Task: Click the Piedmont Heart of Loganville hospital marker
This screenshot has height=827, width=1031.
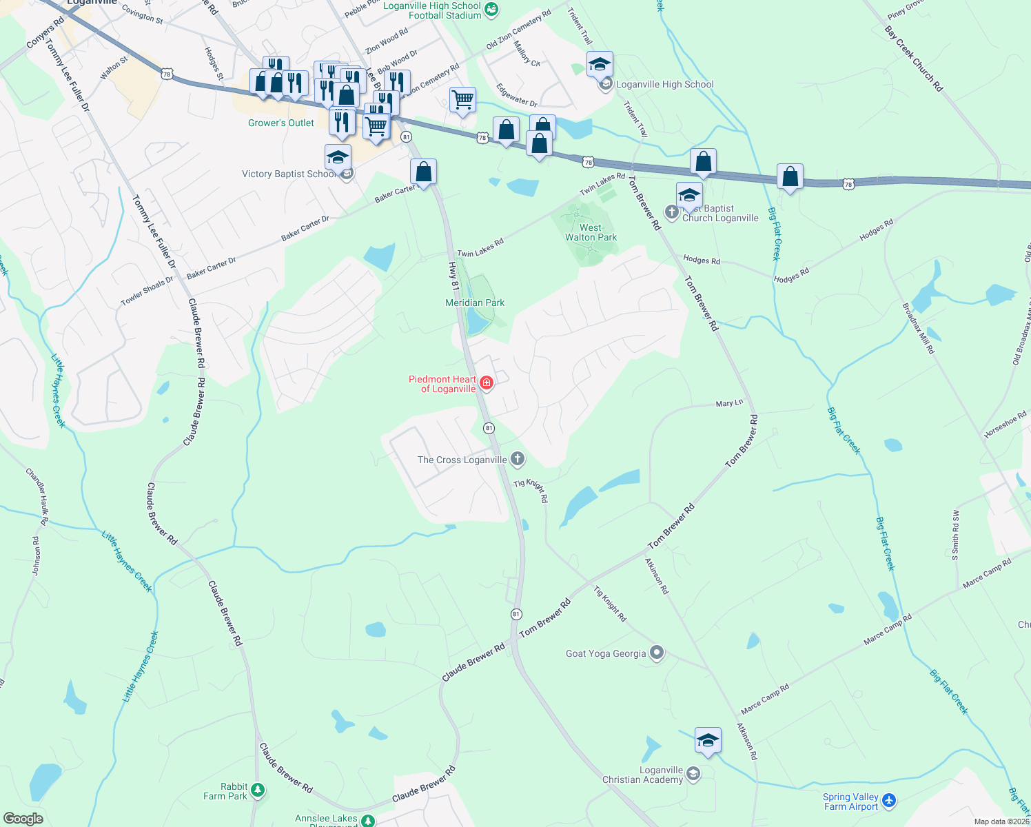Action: (x=487, y=383)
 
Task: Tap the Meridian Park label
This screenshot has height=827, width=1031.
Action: (x=475, y=303)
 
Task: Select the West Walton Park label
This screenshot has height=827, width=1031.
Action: (x=591, y=232)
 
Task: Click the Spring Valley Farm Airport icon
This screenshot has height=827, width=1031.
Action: (x=889, y=801)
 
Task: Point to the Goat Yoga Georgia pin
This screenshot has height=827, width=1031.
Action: (x=657, y=653)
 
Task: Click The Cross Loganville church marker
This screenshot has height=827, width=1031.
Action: (x=518, y=459)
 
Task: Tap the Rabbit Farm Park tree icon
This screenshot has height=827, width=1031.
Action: (x=258, y=790)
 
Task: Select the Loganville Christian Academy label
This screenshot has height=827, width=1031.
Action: (x=643, y=775)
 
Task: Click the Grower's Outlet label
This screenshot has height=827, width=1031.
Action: (x=281, y=123)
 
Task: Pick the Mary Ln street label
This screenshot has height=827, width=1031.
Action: (x=729, y=403)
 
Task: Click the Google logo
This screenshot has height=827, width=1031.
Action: (x=23, y=818)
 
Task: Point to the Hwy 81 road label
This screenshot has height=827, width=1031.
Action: (x=453, y=275)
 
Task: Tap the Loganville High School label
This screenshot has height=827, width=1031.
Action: (x=664, y=84)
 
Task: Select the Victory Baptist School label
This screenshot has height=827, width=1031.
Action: (x=289, y=174)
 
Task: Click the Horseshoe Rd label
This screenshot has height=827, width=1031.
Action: (x=1006, y=425)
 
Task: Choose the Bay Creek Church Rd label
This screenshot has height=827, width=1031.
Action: (x=913, y=59)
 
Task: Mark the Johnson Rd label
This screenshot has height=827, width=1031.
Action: (x=37, y=556)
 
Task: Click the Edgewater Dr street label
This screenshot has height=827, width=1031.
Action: (x=517, y=95)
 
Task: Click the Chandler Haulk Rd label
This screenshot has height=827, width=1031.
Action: (x=37, y=496)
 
